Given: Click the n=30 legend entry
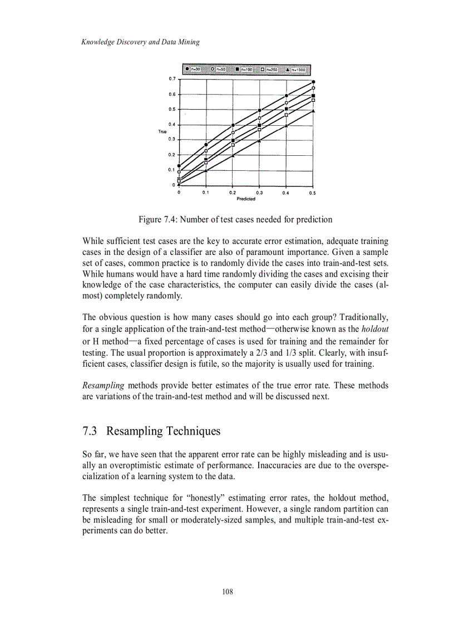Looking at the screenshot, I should [x=192, y=70].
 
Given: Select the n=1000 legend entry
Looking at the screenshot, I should [x=295, y=70].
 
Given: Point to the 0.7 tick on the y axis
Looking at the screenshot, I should [x=172, y=79].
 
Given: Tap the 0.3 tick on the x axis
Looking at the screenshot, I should [x=259, y=193].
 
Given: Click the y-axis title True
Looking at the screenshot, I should [x=162, y=131].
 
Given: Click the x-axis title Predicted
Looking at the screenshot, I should [x=246, y=199].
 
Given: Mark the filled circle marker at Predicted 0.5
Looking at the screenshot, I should [x=313, y=82].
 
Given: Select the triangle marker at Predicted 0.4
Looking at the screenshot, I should [x=286, y=125].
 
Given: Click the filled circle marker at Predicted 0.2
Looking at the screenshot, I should [x=233, y=125].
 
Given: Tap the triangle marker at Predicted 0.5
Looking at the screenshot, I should [x=313, y=111].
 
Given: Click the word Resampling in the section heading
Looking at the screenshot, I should [x=135, y=431].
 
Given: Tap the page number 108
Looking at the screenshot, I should [x=226, y=592].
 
